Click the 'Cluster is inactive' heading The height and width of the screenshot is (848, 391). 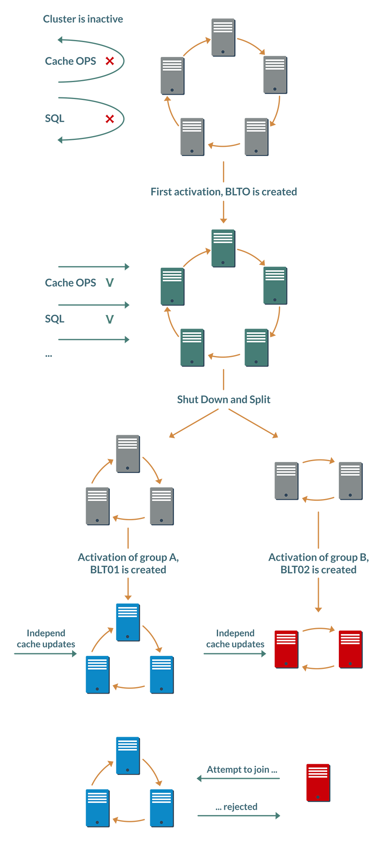click(x=83, y=19)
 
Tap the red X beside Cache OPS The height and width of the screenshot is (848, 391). click(x=110, y=61)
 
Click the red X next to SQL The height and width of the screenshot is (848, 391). click(x=110, y=119)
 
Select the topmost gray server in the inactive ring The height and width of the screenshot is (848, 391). click(x=223, y=37)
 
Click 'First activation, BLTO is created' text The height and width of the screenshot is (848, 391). click(x=224, y=192)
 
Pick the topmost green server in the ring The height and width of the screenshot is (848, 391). click(x=223, y=248)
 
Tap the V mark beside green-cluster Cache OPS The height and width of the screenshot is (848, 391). click(x=110, y=283)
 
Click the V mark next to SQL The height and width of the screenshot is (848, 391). click(x=110, y=319)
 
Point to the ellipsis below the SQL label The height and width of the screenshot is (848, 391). click(x=49, y=355)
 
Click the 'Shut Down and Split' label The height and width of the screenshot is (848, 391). click(x=224, y=399)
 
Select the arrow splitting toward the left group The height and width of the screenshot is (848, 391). click(x=194, y=423)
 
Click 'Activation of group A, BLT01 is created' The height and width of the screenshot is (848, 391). click(x=128, y=563)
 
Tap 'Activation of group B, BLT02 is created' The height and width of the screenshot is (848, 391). click(x=318, y=563)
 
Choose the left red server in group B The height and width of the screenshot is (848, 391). click(x=286, y=649)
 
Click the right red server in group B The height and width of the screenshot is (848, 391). click(x=351, y=649)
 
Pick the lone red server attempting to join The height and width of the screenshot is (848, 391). click(x=318, y=782)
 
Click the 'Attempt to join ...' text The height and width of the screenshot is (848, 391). click(x=242, y=769)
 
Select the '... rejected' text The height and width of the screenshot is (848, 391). click(x=237, y=807)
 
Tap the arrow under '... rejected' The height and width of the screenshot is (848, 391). click(x=239, y=816)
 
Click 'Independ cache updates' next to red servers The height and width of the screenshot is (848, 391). click(x=235, y=638)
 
